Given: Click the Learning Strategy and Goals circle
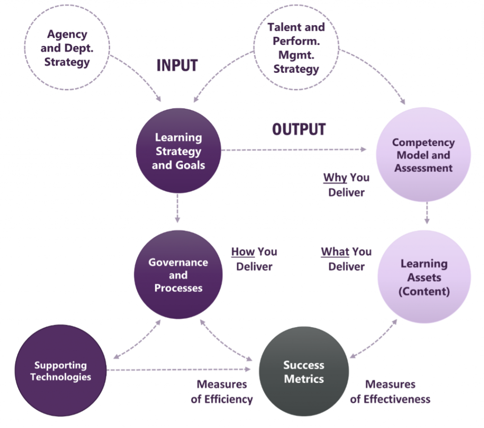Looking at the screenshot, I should pos(178,151).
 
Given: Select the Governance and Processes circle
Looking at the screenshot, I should pos(178,274).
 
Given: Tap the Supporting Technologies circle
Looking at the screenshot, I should pos(60,371).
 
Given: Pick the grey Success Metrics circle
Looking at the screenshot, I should pos(304,372).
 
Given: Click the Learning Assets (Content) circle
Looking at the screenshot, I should pos(424,277).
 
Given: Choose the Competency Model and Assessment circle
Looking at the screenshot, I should pos(423,154).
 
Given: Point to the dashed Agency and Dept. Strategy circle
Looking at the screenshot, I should pos(67,48).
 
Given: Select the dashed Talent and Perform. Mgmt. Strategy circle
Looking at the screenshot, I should pos(296,48).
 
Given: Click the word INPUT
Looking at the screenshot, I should pos(177,66).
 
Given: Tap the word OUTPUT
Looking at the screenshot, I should pos(299,129).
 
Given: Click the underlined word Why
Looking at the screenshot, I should pos(335,178).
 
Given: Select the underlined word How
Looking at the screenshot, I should pos(243,252).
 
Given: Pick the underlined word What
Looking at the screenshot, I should pos(335,252).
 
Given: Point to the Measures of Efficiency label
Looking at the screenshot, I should pos(222,392).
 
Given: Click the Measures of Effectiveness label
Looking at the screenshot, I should pos(390,392).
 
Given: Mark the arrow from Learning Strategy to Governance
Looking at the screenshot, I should pos(177,211).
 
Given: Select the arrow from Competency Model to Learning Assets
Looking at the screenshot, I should pos(427,213).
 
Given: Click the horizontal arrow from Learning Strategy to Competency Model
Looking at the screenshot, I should pos(293,150).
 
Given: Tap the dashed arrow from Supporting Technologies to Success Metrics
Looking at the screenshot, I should pos(180,370).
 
